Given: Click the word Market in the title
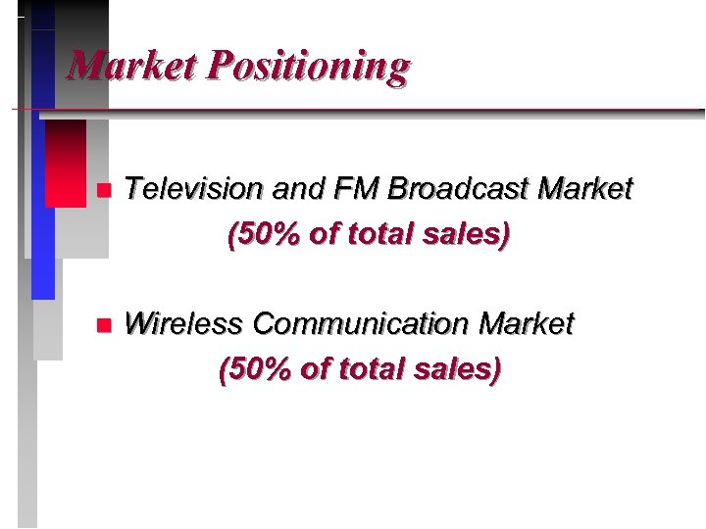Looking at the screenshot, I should (x=130, y=66).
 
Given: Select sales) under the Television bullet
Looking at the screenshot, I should (x=466, y=236).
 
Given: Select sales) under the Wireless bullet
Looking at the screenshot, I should (x=458, y=370).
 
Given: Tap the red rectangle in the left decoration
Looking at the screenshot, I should (x=66, y=162).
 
